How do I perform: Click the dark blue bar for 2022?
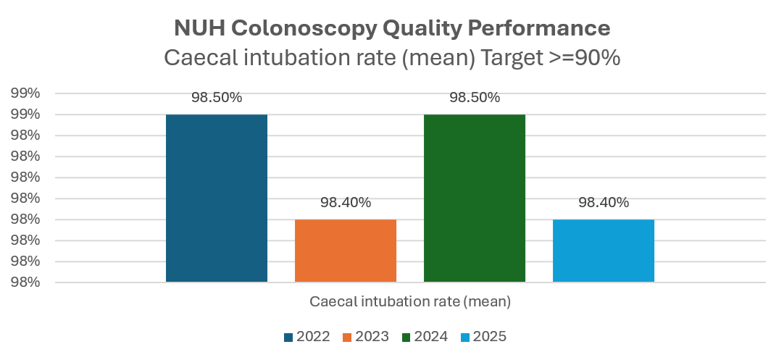click(216, 198)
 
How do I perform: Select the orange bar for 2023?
click(345, 250)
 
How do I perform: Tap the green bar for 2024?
click(474, 198)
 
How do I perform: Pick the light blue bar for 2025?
click(603, 250)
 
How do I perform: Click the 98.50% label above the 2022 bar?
click(217, 98)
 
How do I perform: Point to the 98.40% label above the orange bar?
click(346, 203)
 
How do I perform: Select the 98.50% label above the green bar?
click(475, 98)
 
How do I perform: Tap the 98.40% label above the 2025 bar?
click(604, 203)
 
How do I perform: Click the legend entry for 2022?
click(307, 336)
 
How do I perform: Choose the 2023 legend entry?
click(366, 336)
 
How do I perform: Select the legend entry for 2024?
click(425, 336)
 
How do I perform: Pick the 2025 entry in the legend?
click(483, 336)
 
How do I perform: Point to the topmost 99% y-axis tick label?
click(25, 93)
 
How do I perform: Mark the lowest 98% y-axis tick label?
click(25, 282)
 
